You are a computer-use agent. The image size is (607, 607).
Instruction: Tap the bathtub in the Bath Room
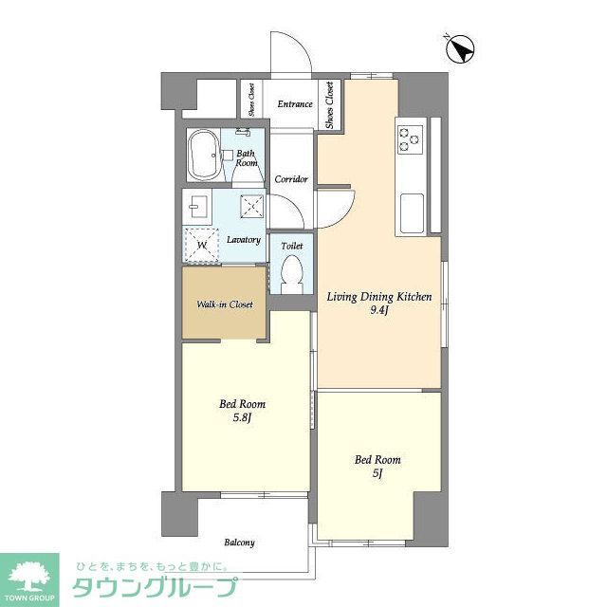tap(205, 155)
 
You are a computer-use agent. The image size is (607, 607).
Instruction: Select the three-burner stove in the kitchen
tap(411, 139)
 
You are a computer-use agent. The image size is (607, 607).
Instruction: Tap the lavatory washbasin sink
tap(199, 206)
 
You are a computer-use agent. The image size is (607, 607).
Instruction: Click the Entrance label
tap(295, 104)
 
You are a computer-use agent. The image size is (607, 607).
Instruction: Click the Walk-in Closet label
tap(225, 305)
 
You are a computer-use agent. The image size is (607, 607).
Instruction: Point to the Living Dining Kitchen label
tap(379, 297)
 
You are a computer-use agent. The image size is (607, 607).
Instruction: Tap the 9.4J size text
tap(379, 310)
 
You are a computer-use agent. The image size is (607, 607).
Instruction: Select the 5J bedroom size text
tap(377, 473)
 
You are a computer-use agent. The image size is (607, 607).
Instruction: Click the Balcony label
tap(239, 543)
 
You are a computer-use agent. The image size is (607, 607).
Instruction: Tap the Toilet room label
tap(291, 245)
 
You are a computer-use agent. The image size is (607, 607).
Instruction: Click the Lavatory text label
tap(244, 240)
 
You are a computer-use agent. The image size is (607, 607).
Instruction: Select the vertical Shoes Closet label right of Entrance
tap(330, 105)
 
